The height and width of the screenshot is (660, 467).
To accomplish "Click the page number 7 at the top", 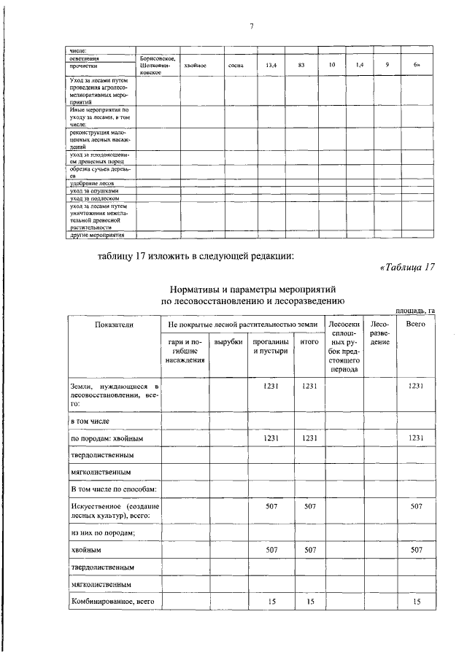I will point(250,26).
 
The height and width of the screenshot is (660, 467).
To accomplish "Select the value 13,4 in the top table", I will point(270,66).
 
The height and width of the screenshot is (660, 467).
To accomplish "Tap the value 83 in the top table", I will point(301,66).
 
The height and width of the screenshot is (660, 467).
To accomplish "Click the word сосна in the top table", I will point(235,66).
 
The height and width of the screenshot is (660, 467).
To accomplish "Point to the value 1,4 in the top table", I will point(360,66).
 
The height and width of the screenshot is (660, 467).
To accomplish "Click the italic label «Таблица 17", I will point(407,267).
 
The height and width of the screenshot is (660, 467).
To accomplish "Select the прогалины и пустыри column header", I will point(270,346).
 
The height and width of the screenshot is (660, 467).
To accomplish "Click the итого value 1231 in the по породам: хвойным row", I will point(309,438).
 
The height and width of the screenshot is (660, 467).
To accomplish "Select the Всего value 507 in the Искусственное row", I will point(416,505).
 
